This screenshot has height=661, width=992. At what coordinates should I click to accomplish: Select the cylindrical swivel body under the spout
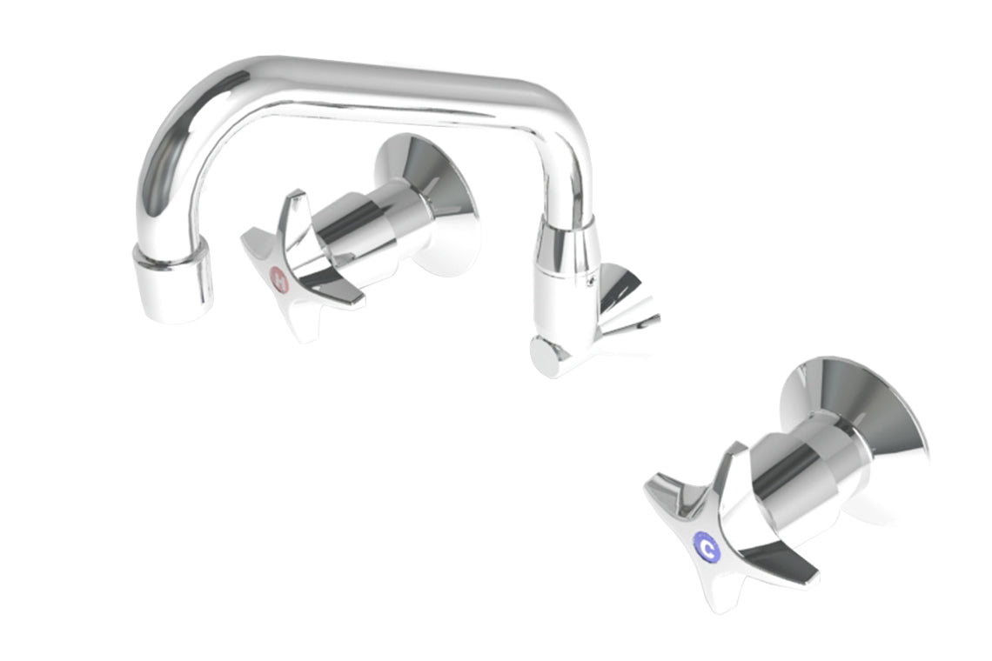point(566,261)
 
